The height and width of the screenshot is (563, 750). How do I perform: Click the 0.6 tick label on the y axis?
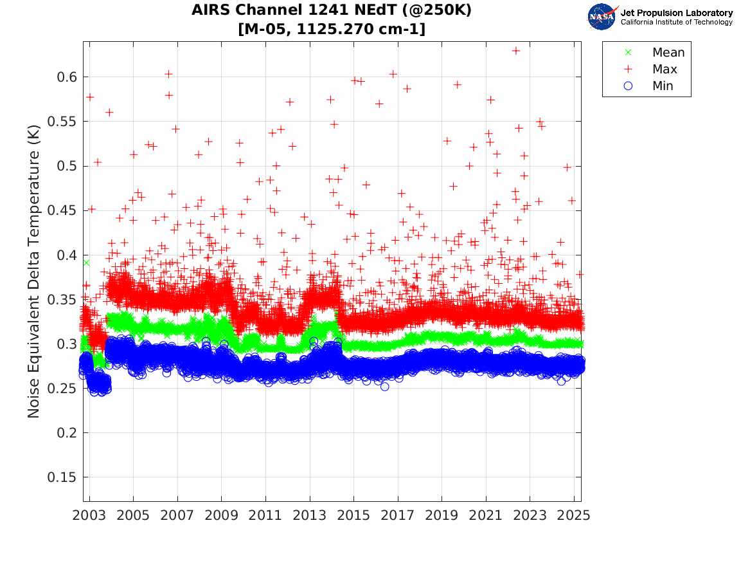coord(66,77)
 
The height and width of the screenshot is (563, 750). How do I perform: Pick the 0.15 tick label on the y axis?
coord(62,477)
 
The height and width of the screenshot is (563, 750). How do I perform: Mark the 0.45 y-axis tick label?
coord(62,210)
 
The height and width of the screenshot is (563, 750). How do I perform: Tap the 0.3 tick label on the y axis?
coord(66,344)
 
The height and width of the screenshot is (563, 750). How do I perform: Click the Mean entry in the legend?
coord(668,53)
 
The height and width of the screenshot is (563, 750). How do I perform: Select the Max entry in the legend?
coord(665,69)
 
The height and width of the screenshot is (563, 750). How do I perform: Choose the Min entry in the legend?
coord(663,86)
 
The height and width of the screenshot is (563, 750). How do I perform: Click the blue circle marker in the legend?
coord(628,86)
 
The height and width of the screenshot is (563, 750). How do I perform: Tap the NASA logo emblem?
coord(602,17)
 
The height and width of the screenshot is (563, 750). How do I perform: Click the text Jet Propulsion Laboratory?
coord(676,13)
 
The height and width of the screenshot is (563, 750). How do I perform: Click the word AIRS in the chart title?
coord(211,11)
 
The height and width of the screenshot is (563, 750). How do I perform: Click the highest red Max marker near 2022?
coord(515,50)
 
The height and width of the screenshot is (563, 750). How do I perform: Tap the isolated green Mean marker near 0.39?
coord(86,263)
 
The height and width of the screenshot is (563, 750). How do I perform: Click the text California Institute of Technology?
coord(676,23)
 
